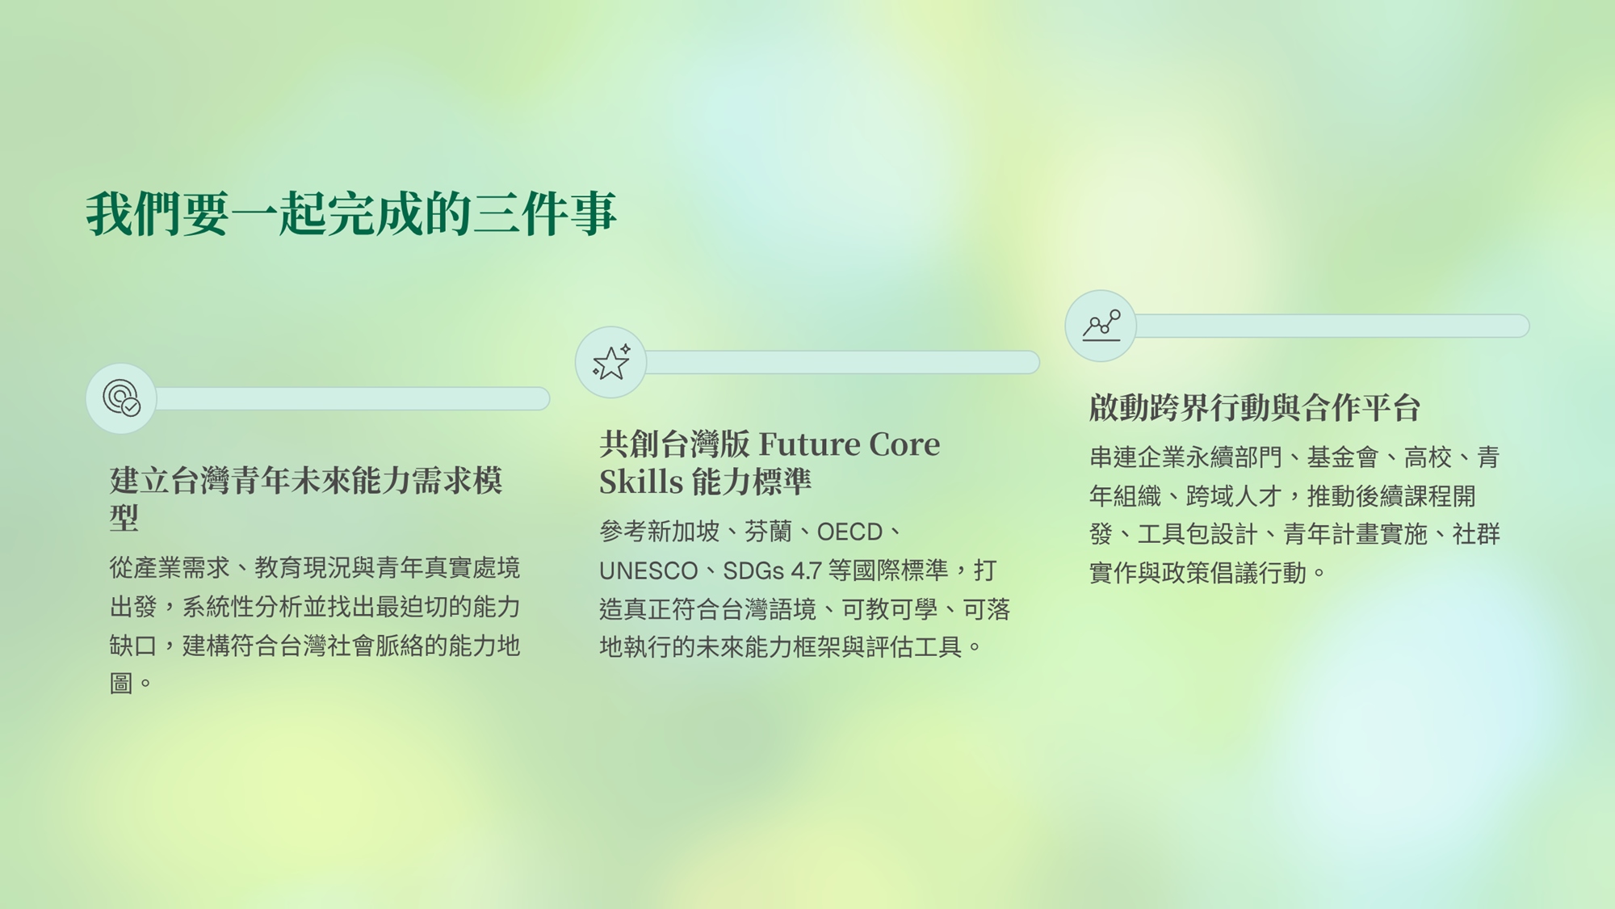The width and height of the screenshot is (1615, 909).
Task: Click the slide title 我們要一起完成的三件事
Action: coord(351,214)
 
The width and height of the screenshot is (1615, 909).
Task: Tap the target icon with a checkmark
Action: coord(121,398)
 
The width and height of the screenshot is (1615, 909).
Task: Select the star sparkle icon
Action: coord(611,362)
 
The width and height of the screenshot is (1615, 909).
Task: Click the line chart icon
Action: coord(1101,326)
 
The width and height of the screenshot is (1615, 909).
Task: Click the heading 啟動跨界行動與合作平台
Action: coord(1254,407)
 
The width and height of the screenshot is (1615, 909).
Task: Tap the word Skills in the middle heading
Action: coord(641,482)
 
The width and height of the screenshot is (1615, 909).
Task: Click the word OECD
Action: coord(849,532)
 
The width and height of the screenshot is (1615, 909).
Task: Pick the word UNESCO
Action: coord(648,570)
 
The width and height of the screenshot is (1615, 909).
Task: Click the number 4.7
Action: coord(806,570)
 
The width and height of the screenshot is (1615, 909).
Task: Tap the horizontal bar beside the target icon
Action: coord(353,398)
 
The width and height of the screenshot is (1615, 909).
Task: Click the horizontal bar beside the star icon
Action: coord(842,362)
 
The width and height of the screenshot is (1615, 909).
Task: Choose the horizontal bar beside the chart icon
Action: coord(1332,326)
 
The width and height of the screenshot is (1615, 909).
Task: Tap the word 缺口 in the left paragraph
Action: coord(133,646)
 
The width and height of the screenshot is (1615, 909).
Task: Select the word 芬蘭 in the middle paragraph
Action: coord(768,532)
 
